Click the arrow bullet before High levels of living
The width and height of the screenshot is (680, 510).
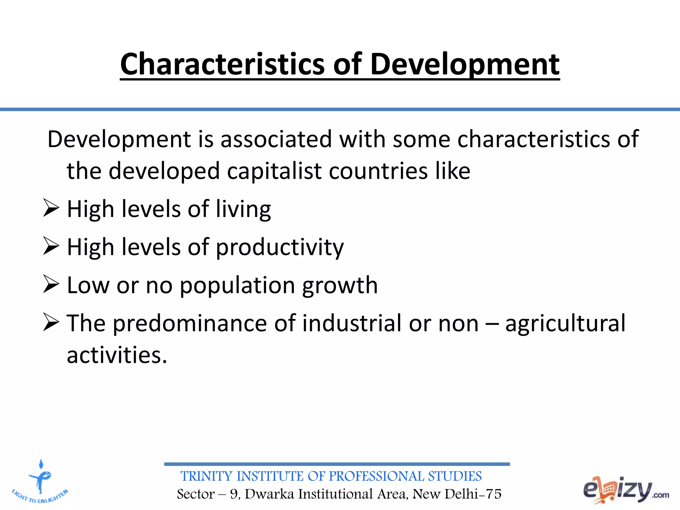point(51,208)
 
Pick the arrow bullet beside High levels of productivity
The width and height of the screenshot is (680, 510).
point(51,246)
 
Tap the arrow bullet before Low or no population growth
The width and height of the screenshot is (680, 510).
point(51,285)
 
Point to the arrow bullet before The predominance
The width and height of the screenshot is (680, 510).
point(51,323)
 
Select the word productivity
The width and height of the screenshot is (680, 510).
point(280,248)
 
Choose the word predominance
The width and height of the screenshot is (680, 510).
point(190,323)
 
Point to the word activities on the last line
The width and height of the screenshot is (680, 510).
point(117,355)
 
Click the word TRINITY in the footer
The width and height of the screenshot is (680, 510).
point(206,476)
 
